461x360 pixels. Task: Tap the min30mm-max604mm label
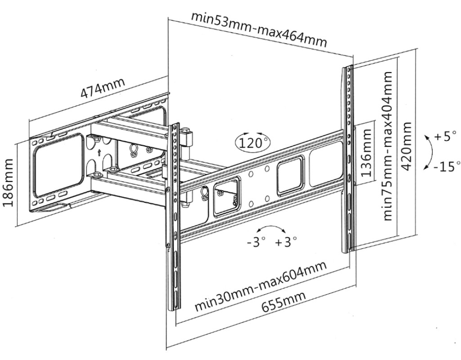click(260, 286)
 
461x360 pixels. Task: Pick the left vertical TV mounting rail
click(174, 216)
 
